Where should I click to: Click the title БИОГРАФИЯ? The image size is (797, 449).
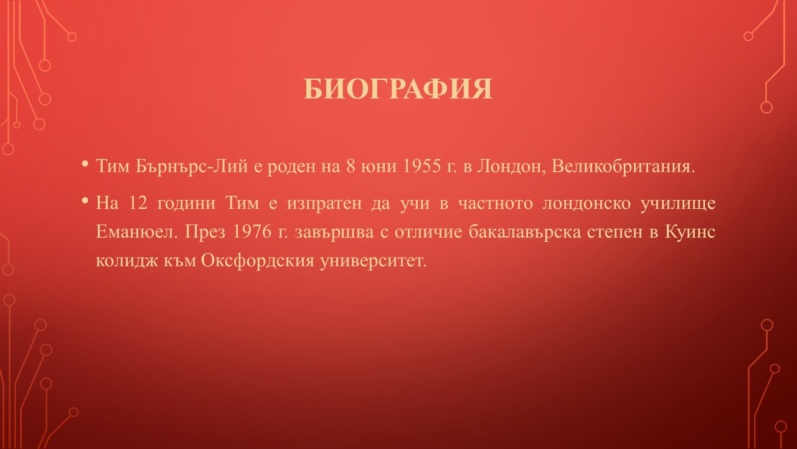(398, 89)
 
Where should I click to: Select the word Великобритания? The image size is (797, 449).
(623, 166)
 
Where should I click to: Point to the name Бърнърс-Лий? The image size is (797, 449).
(191, 166)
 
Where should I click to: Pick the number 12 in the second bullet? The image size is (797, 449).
(138, 203)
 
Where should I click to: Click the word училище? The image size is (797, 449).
(678, 204)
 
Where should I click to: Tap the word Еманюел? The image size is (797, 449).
(136, 232)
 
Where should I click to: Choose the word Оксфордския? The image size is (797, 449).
(258, 261)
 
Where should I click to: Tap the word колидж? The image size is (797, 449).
(127, 261)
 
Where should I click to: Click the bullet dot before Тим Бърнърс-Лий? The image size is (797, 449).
(85, 164)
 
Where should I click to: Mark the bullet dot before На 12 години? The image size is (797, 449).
(85, 201)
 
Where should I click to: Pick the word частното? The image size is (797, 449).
(495, 204)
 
